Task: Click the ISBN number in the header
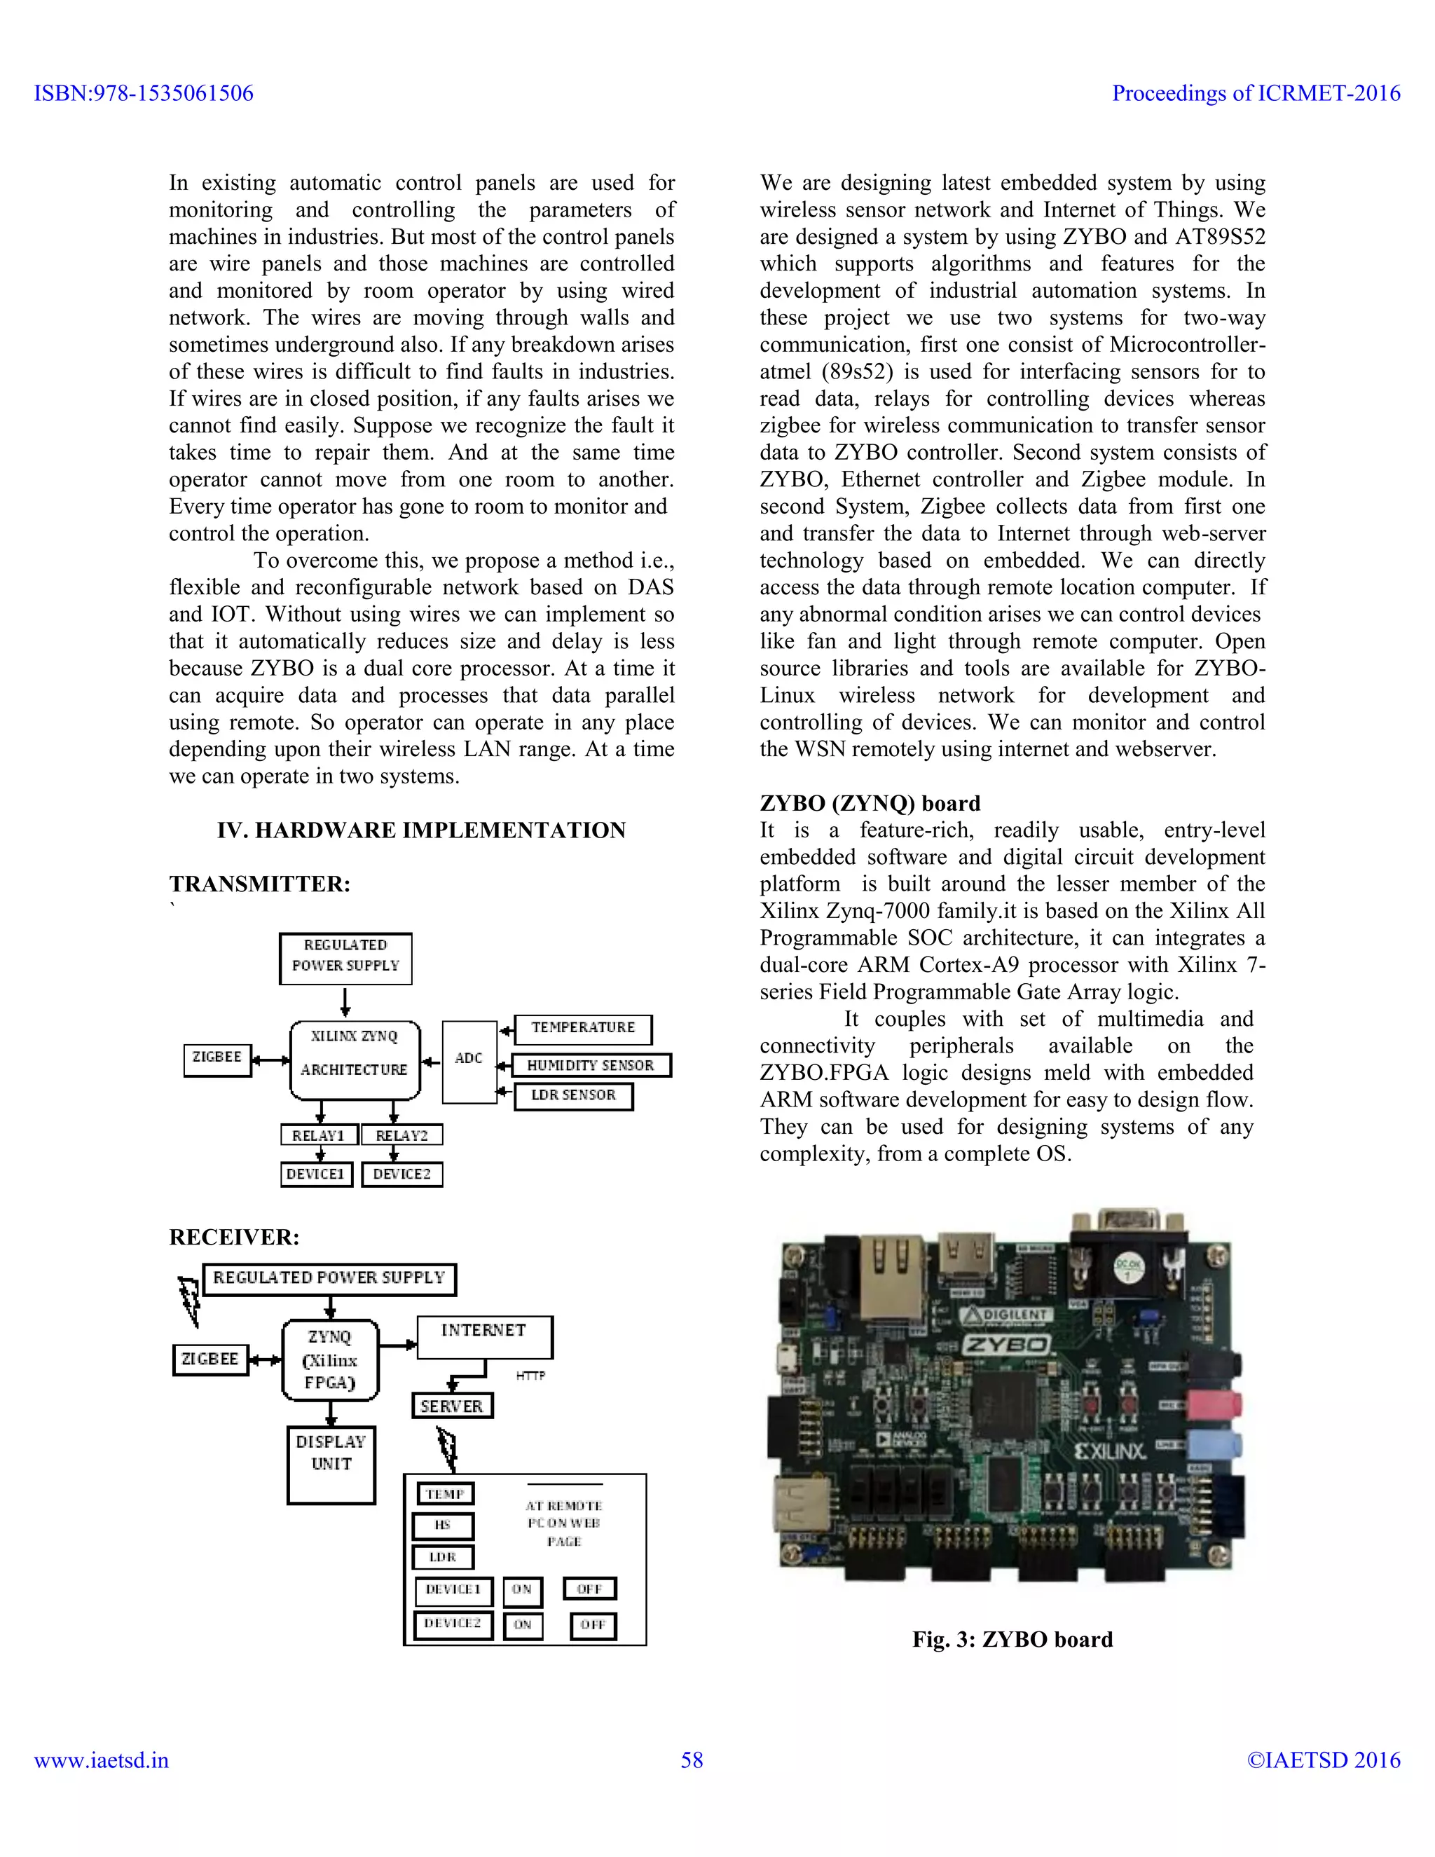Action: pyautogui.click(x=144, y=93)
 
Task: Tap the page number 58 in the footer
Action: pyautogui.click(x=692, y=1760)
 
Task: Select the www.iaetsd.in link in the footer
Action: pyautogui.click(x=101, y=1760)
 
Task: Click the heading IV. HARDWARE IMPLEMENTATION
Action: pyautogui.click(x=421, y=830)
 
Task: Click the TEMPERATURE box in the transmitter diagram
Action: pyautogui.click(x=583, y=1028)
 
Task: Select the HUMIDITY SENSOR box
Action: pyautogui.click(x=591, y=1065)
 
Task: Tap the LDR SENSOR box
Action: pyautogui.click(x=574, y=1095)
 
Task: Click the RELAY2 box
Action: pyautogui.click(x=402, y=1135)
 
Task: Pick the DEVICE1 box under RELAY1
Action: pyautogui.click(x=315, y=1174)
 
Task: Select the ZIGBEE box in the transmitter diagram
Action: pyautogui.click(x=218, y=1059)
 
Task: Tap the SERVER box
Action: pyautogui.click(x=451, y=1406)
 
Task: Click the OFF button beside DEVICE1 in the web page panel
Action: pyautogui.click(x=589, y=1589)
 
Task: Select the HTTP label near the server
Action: pyautogui.click(x=530, y=1375)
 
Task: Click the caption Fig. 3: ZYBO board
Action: pyautogui.click(x=1012, y=1639)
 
